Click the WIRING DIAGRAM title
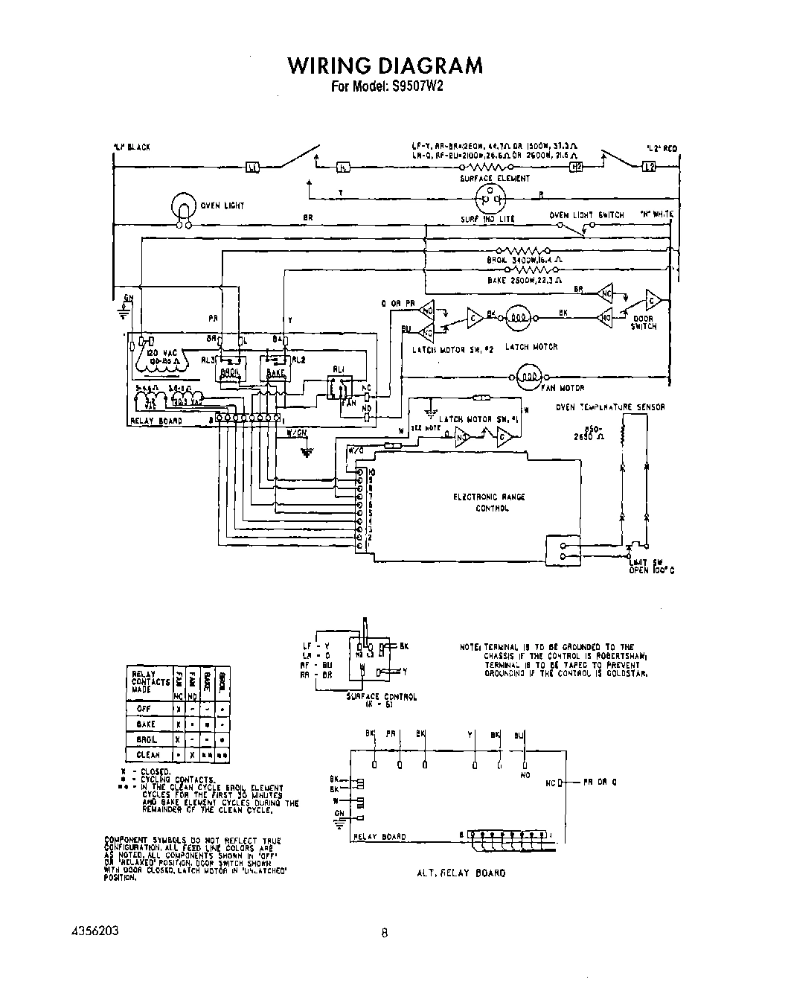[x=385, y=66]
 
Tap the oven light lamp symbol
[x=182, y=205]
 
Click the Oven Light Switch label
[x=586, y=215]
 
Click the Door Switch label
[x=644, y=322]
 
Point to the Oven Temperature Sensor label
[x=610, y=407]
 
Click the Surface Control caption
[x=382, y=701]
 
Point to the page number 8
[x=384, y=931]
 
